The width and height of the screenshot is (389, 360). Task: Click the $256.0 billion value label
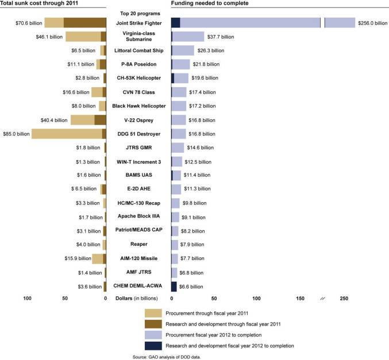(x=373, y=23)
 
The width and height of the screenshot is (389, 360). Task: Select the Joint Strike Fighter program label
(x=138, y=23)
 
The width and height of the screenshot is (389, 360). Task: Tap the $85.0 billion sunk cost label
(x=16, y=134)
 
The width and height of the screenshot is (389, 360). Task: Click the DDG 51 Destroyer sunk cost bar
(x=68, y=134)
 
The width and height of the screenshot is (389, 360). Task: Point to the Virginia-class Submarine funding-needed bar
(x=188, y=37)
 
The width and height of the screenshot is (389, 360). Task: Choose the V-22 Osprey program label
(x=138, y=120)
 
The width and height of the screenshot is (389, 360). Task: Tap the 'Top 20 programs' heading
(x=138, y=12)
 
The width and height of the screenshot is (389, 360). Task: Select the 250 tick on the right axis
(x=344, y=299)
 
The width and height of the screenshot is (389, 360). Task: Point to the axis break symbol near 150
(x=322, y=299)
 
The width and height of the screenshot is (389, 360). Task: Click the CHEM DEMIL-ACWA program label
(x=138, y=285)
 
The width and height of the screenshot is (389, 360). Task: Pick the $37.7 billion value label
(x=221, y=37)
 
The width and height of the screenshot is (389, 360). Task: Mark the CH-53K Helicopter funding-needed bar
(x=180, y=78)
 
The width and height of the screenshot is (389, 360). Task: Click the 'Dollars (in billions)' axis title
(x=138, y=299)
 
